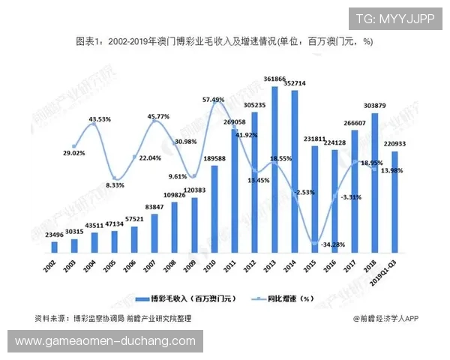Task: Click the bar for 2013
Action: tap(274, 172)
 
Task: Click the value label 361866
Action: tap(274, 79)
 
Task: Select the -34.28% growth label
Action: tap(324, 244)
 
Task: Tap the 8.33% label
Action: tap(115, 185)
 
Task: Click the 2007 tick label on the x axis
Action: tap(153, 268)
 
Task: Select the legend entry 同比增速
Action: tap(283, 298)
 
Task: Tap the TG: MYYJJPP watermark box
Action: tap(395, 18)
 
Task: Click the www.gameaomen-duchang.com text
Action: tap(106, 341)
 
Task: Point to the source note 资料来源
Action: tap(112, 319)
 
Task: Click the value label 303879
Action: tap(374, 106)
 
